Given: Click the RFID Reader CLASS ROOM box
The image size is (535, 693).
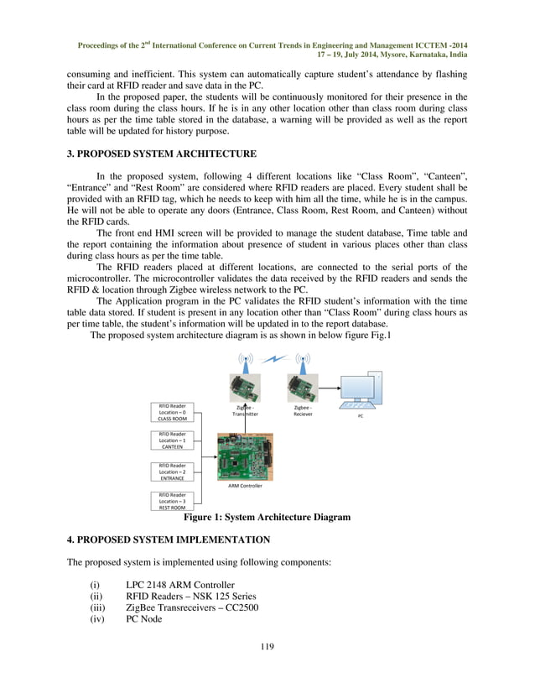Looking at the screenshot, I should pyautogui.click(x=173, y=412).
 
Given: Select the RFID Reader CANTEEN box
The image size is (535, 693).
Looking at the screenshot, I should pyautogui.click(x=173, y=440).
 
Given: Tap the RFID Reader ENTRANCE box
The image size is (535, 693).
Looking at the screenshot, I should pyautogui.click(x=173, y=472).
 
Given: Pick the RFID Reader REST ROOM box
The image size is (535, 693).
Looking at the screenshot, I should pyautogui.click(x=173, y=501).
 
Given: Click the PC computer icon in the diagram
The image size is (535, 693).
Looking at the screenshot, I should pyautogui.click(x=361, y=391).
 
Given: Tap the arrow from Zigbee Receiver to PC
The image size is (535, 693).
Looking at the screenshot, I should pyautogui.click(x=328, y=388).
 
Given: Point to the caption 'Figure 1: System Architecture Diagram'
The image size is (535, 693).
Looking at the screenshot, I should pyautogui.click(x=267, y=518).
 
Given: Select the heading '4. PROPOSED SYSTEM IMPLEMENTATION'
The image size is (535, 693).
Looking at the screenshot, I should pyautogui.click(x=168, y=539).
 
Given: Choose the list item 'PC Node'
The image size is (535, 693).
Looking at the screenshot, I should pyautogui.click(x=145, y=621).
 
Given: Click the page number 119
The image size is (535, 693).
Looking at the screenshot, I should pyautogui.click(x=267, y=646).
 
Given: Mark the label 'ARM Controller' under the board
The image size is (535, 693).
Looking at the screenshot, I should pyautogui.click(x=245, y=486).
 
